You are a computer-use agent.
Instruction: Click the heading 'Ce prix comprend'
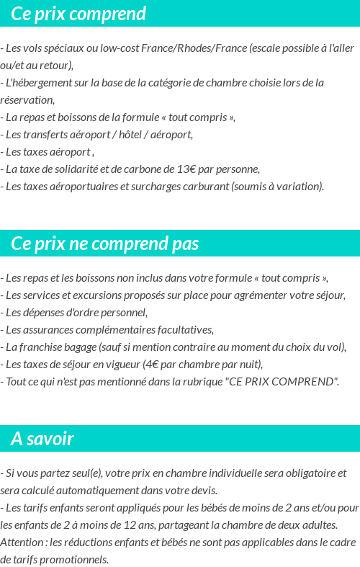pyautogui.click(x=78, y=14)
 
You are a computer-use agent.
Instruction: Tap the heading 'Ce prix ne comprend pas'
pyautogui.click(x=104, y=244)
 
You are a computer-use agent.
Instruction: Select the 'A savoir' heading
pyautogui.click(x=42, y=439)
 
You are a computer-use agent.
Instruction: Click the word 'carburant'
pyautogui.click(x=204, y=187)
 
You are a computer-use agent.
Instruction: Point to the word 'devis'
pyautogui.click(x=202, y=491)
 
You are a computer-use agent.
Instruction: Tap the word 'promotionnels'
pyautogui.click(x=73, y=559)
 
